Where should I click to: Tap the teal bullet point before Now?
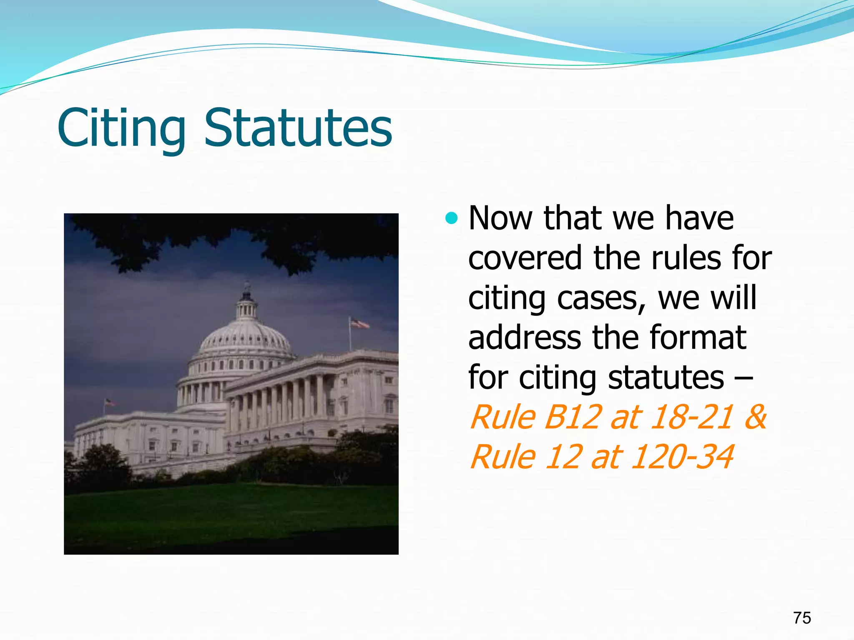click(x=451, y=217)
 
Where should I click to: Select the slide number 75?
click(x=802, y=618)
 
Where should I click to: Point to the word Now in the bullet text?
click(x=500, y=218)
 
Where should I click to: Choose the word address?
click(x=525, y=337)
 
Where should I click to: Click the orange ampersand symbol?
click(x=755, y=417)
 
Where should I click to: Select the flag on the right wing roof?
click(x=359, y=323)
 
